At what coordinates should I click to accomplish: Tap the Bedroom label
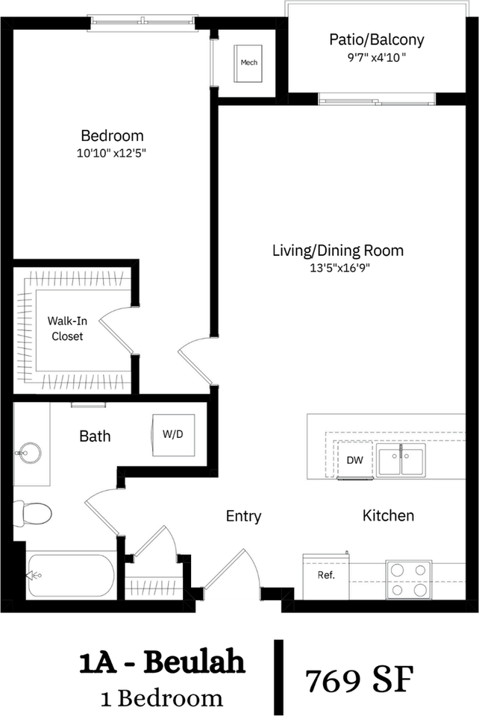(x=112, y=136)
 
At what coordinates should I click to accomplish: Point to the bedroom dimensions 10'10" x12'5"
(x=112, y=153)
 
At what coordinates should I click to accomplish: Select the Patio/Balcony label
(x=376, y=39)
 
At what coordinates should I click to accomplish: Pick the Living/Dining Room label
(x=338, y=250)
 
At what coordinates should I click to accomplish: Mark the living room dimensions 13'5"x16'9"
(x=338, y=268)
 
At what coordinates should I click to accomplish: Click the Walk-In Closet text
(x=66, y=328)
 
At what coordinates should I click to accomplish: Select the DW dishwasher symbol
(x=354, y=460)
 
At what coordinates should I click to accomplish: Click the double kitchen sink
(x=400, y=460)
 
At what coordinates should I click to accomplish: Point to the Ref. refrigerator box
(x=326, y=576)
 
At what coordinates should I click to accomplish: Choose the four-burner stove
(x=409, y=579)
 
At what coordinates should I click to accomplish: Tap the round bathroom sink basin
(x=31, y=451)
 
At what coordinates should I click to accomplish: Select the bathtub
(x=71, y=576)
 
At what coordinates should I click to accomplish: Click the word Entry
(x=243, y=516)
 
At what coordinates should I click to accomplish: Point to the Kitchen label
(x=388, y=515)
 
